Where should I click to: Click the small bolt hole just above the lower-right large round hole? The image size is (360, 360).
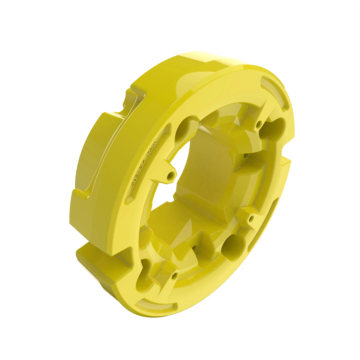click(x=252, y=217)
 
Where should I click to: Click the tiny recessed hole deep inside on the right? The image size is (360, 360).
click(x=245, y=156)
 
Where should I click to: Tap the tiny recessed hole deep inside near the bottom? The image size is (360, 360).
click(x=194, y=248)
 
